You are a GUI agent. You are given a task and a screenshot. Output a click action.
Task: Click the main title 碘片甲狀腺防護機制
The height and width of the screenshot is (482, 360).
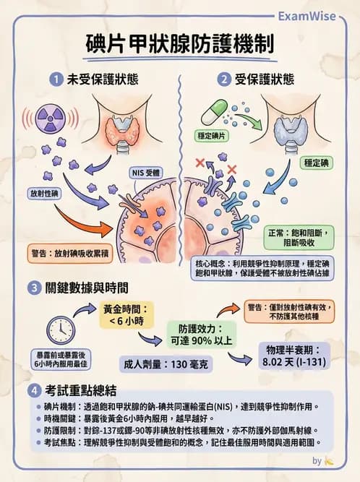[x=179, y=42]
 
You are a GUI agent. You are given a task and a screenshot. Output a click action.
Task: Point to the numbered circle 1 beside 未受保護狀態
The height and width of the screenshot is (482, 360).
[x=53, y=79]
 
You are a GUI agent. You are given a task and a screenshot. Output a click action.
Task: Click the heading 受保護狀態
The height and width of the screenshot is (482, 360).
[x=264, y=79]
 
